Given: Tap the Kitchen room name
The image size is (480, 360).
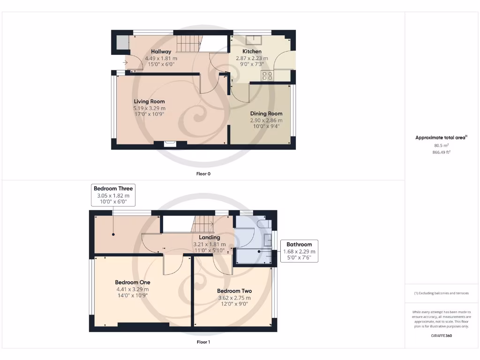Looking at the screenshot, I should (252, 52).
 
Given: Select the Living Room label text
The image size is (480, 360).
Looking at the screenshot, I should (149, 101).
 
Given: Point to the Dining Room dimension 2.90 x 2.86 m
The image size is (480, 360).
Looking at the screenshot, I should (266, 120).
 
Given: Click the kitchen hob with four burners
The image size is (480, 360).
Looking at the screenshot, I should (268, 76).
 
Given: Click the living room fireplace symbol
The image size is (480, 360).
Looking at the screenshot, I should (171, 144).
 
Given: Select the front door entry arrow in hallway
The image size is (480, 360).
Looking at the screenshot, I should (126, 62).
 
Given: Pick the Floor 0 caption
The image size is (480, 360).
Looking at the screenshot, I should (203, 174).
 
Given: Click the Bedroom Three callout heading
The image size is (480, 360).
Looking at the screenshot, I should (113, 188).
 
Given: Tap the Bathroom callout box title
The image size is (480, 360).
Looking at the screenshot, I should (299, 245).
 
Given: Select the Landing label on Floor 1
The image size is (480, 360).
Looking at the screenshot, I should (209, 238).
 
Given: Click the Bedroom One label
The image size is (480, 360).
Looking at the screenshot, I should (133, 283).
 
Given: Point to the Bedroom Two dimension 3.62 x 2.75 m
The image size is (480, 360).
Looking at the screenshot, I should (234, 298).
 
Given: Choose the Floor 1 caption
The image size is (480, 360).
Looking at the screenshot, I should (203, 342).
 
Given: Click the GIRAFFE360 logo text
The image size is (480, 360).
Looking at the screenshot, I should (442, 336).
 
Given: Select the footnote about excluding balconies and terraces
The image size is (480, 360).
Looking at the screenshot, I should (442, 293).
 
